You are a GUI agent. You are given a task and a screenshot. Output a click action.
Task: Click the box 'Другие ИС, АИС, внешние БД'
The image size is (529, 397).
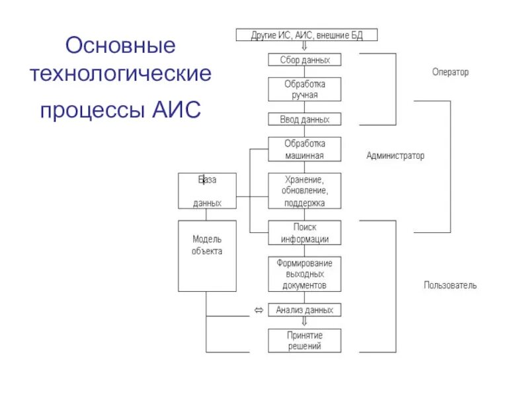pos(306,35)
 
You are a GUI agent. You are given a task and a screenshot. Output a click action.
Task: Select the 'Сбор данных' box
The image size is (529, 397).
pos(305,60)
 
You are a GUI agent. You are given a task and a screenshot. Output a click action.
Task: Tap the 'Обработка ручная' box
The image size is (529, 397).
pos(305,89)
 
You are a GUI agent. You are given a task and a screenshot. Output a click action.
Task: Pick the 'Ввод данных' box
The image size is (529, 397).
pos(305,120)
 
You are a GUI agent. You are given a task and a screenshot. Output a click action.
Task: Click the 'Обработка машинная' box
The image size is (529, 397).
pos(305,150)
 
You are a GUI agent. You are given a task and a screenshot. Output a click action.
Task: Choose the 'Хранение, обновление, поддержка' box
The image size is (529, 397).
pos(305,191)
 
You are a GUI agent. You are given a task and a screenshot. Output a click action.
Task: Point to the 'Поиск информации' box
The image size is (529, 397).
pos(305,234)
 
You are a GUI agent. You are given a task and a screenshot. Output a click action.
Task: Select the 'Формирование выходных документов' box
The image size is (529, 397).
pos(305,275)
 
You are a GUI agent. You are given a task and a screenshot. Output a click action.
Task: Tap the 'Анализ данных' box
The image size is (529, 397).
pos(305,310)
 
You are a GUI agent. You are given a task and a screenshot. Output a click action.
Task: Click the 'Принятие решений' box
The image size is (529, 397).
pos(305,341)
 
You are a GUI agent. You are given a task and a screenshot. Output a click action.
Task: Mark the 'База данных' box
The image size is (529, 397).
pos(207,191)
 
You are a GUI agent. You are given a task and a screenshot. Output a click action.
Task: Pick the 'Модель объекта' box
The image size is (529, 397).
pos(207,256)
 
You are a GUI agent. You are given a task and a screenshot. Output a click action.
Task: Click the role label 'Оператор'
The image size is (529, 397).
pos(450,72)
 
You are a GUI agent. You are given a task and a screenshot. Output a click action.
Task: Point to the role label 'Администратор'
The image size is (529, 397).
pos(395,156)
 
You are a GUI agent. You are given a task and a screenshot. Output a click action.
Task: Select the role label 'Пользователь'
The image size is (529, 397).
pos(450,286)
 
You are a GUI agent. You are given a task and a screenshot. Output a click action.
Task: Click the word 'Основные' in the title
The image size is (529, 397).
pos(120,46)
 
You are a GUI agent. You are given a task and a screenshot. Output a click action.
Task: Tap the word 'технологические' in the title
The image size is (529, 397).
pos(120,73)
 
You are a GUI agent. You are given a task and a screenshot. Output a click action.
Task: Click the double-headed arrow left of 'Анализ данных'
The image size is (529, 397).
pos(259,310)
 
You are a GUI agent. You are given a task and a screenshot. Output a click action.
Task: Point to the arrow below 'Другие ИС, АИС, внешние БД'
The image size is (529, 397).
pos(304,47)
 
